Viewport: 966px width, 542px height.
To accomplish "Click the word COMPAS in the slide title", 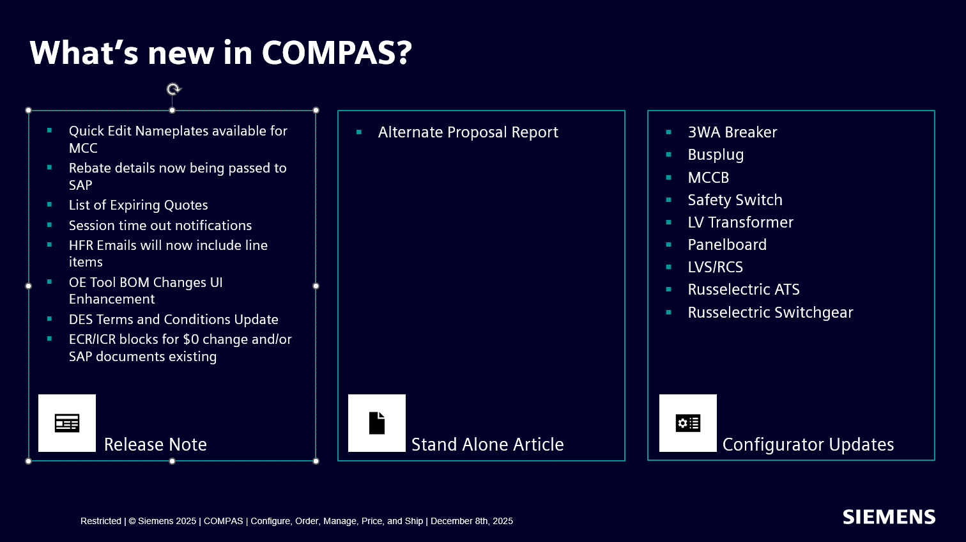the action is coord(337,52).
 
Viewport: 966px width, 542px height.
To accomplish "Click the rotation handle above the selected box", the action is coord(174,89).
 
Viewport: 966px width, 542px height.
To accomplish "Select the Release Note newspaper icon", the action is coord(67,423).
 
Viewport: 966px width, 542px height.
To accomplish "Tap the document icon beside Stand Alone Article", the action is coord(377,423).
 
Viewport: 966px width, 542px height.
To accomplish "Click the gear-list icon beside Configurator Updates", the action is coord(688,423).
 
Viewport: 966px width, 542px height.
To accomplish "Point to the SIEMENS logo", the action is coord(889,517).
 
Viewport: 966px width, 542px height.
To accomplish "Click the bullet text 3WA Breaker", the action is coord(732,132).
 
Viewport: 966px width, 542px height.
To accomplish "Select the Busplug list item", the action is coord(716,155).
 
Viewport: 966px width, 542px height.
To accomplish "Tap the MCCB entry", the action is coord(708,177).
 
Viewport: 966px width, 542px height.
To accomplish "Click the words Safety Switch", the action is coord(735,200).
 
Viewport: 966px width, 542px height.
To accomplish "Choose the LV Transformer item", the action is coord(740,222).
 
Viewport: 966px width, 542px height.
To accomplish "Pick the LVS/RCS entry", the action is coord(716,267).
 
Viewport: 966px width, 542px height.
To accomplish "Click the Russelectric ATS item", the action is coord(744,290).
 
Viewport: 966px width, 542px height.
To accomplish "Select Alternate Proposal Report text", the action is coord(468,132).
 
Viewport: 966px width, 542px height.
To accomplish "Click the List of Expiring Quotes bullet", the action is coord(139,205).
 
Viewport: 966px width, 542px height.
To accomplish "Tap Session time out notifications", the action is coord(160,225).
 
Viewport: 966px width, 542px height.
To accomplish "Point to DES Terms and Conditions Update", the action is coord(173,320).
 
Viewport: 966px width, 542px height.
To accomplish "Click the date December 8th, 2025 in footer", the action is coord(471,522).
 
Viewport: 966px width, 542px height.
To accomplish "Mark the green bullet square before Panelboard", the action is coord(668,245).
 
